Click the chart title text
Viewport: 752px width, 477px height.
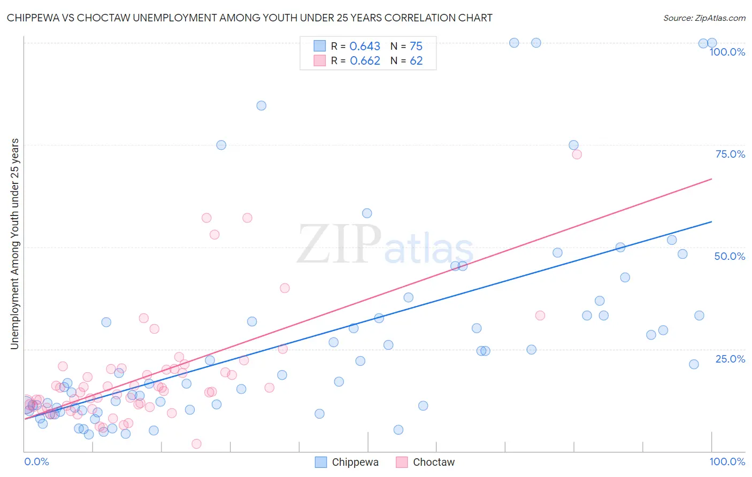click(249, 18)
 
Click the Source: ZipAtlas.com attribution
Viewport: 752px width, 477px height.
click(704, 18)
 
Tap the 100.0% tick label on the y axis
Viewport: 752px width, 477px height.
click(727, 52)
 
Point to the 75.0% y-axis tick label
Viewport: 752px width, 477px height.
click(730, 154)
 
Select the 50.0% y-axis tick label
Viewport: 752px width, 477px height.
click(730, 256)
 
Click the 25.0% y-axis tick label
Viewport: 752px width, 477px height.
click(730, 359)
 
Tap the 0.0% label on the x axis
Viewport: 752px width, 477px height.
click(36, 461)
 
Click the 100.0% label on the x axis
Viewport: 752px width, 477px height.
click(727, 461)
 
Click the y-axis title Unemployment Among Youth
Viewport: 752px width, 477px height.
click(15, 244)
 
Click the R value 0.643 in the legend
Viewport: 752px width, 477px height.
click(365, 47)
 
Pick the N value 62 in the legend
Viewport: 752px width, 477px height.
click(416, 61)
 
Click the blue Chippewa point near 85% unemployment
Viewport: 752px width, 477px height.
click(261, 105)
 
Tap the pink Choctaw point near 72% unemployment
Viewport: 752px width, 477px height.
click(577, 155)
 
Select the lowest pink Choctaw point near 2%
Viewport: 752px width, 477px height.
click(196, 444)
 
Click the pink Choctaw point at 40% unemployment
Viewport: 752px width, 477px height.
click(285, 288)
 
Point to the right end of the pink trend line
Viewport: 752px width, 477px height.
click(712, 179)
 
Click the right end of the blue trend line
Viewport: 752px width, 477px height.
click(712, 221)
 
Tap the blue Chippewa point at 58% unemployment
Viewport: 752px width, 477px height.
click(367, 213)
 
